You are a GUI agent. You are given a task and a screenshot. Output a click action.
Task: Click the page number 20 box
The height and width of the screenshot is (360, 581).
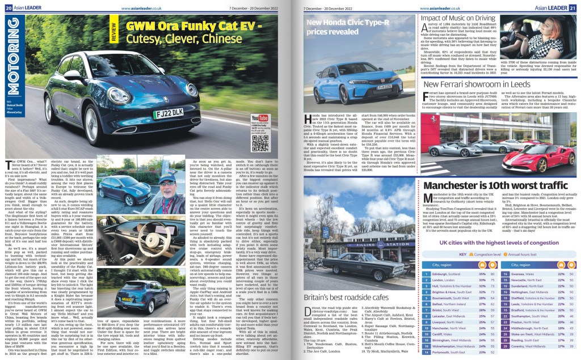[9, 8]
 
